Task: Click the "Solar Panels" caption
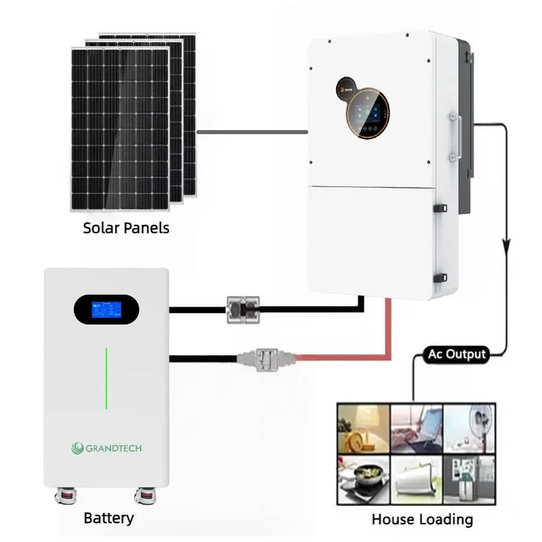pos(126,228)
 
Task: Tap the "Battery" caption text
pos(108,518)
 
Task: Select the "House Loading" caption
pos(421,520)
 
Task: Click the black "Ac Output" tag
pos(457,354)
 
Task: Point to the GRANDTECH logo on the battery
pos(107,447)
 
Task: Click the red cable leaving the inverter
pos(389,332)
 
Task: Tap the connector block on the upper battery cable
pos(241,309)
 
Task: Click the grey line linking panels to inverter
pos(252,131)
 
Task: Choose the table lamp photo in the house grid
pos(363,428)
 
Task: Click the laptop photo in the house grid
pos(417,428)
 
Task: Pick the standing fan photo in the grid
pos(469,428)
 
